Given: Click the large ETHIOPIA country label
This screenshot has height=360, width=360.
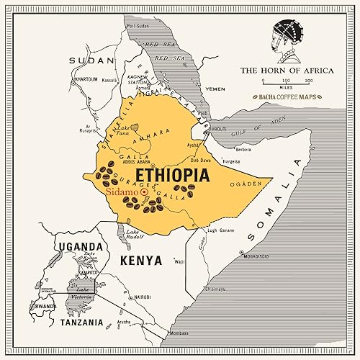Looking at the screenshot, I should [x=173, y=175].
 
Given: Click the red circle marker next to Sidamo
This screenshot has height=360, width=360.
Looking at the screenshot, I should [x=145, y=193].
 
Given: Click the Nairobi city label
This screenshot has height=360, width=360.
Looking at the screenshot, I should [x=141, y=297].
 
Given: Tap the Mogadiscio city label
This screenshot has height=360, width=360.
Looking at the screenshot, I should [x=258, y=256].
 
